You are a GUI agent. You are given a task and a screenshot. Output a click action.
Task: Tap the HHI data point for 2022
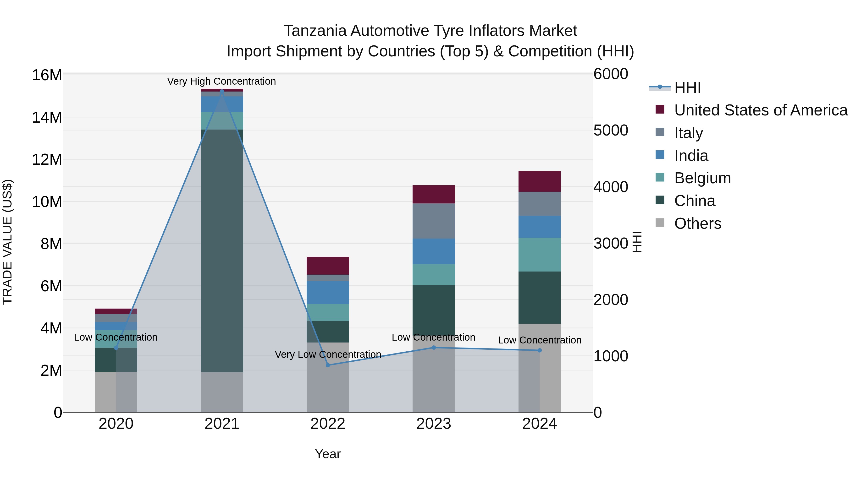coord(328,365)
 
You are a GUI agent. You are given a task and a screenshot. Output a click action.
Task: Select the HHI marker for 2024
coord(540,350)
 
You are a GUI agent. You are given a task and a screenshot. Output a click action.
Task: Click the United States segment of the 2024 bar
coord(540,181)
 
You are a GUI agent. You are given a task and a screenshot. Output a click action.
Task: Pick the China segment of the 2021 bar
coord(222,250)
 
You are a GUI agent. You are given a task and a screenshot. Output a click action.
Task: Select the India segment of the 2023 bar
coord(434,251)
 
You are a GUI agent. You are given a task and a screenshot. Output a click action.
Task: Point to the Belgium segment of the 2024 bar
coord(540,255)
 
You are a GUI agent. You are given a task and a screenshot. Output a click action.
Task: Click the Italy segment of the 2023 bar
coord(434,221)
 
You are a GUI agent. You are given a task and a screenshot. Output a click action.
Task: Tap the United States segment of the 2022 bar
coord(328,266)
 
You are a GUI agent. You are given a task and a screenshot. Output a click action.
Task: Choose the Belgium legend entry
coord(702,178)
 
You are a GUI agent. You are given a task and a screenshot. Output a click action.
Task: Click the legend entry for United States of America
coord(760,110)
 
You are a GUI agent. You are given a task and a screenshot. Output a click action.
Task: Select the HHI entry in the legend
coord(687,87)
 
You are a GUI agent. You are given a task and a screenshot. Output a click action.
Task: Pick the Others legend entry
coord(698,223)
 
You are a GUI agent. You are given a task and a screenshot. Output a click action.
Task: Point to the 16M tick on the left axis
coord(47,75)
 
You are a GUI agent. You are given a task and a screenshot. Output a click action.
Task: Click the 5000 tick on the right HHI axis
coord(611,130)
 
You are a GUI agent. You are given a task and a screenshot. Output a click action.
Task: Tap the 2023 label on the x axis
coord(434,424)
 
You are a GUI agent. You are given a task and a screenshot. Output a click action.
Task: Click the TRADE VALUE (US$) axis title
coord(7,242)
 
